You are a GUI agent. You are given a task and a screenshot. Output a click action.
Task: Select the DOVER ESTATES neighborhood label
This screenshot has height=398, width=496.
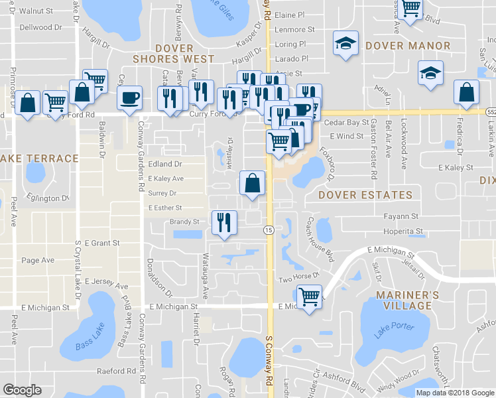[x=365, y=195]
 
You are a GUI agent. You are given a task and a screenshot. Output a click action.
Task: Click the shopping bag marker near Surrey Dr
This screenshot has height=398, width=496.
[x=252, y=184]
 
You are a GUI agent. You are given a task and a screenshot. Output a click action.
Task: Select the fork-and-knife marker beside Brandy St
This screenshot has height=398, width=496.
[x=224, y=222]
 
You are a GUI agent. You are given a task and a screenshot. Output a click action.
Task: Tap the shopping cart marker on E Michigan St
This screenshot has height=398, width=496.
[x=309, y=297]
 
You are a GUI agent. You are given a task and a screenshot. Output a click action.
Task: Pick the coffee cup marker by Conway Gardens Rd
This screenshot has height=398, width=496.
[x=129, y=98]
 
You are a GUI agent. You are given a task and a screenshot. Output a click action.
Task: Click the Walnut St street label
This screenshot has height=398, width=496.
[x=36, y=11]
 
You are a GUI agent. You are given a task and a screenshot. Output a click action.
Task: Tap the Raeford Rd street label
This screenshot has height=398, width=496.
[x=115, y=371]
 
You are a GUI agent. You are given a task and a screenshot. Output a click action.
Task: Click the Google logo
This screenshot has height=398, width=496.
[x=22, y=390]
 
